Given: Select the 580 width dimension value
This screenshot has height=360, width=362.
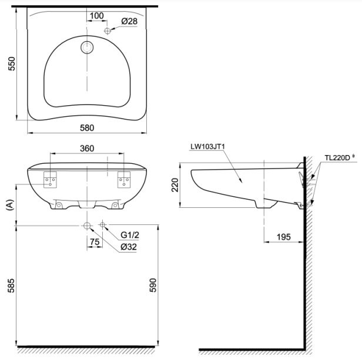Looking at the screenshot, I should [88, 127].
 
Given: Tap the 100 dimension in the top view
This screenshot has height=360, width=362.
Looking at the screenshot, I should [97, 15].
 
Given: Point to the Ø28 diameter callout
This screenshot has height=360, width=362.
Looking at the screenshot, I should [129, 22].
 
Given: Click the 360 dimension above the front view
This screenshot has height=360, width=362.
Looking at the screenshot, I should [87, 149].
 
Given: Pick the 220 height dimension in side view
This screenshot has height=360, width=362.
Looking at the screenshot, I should [174, 186].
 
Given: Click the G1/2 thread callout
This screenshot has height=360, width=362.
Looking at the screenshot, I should [129, 236].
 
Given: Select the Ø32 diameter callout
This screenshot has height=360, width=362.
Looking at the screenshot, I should [129, 247].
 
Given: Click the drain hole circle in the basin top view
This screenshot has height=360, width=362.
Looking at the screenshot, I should [87, 48].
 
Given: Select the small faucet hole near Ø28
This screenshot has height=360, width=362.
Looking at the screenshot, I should [108, 31].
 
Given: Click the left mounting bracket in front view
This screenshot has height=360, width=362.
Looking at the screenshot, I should [50, 179].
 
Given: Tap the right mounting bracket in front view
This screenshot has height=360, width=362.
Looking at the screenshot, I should [124, 179].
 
